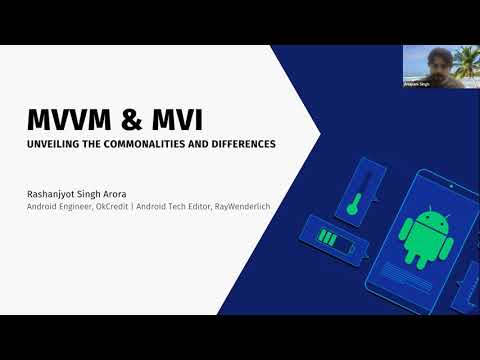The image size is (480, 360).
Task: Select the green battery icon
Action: tap(331, 238)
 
